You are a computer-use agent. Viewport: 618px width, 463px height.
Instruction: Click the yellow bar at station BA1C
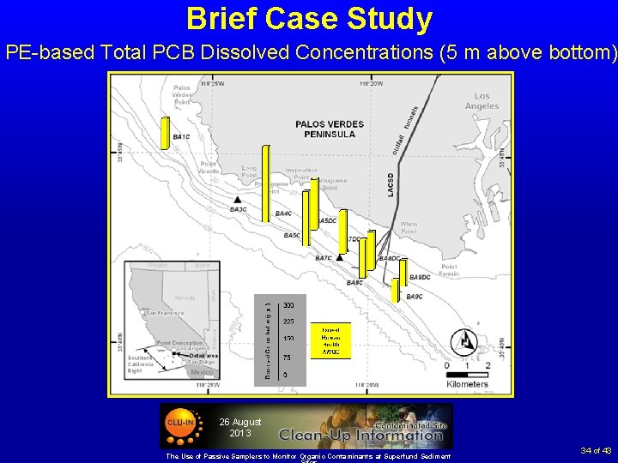point(166,133)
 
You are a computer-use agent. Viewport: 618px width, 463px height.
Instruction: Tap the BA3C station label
point(239,209)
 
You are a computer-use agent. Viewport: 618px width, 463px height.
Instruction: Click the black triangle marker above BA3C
point(238,199)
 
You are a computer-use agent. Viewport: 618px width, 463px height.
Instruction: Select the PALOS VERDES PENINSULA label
point(324,129)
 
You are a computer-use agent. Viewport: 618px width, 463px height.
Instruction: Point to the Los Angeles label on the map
point(482,101)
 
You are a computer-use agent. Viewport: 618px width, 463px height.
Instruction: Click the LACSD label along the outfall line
point(391,180)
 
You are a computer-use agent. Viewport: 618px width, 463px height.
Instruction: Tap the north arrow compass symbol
point(464,341)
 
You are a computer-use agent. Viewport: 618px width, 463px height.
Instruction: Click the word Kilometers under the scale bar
point(467,384)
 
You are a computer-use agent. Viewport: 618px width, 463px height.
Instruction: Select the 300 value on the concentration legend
point(289,305)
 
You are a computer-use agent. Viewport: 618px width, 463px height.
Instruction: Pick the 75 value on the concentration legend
point(288,358)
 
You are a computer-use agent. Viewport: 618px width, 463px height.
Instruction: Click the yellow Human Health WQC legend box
point(330,341)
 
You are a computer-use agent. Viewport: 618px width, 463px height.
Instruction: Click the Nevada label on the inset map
point(185,298)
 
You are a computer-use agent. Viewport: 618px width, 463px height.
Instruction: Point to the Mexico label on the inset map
point(202,373)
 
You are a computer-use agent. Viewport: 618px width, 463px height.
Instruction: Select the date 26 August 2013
point(239,427)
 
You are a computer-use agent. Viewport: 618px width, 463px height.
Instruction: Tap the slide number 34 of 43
point(595,450)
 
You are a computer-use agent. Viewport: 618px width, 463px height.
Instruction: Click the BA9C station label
point(414,297)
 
